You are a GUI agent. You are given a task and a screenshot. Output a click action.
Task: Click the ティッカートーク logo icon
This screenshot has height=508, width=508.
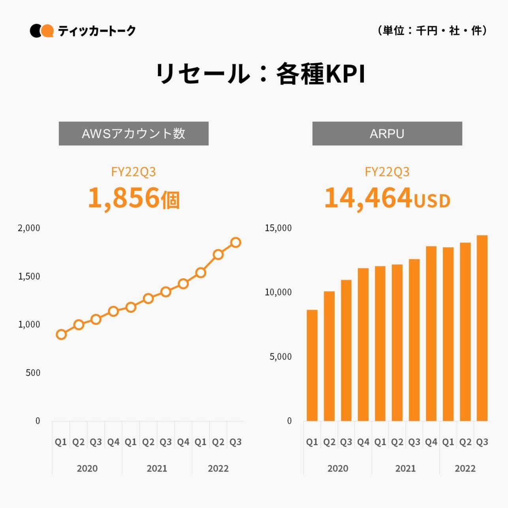41,31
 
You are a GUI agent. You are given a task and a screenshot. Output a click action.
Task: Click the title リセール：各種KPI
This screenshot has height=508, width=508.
260,74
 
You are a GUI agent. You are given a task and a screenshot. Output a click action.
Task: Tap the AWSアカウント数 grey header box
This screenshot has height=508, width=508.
134,134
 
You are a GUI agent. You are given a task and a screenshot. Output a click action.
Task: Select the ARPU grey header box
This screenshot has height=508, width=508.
387,134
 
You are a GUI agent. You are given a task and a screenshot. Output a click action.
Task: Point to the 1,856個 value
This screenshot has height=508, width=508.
134,198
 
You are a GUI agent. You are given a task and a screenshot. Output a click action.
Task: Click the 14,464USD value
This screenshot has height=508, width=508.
387,198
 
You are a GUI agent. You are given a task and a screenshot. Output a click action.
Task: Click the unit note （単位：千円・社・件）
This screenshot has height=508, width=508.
433,30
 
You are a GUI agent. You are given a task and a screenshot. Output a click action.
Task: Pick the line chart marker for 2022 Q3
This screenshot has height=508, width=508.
236,243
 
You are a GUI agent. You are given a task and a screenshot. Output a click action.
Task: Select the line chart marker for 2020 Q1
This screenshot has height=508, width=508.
61,335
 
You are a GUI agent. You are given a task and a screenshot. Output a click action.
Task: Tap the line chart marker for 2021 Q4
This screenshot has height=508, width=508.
183,284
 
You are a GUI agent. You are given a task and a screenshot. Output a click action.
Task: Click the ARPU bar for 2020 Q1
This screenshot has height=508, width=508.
312,365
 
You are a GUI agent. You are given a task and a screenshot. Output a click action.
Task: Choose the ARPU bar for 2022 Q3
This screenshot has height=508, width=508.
482,328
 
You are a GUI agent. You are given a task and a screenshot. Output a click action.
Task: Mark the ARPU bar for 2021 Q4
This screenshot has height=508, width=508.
431,334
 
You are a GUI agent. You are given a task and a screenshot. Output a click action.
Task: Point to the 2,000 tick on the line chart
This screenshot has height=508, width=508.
29,228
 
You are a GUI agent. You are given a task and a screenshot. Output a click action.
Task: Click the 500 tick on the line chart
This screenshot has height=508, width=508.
33,373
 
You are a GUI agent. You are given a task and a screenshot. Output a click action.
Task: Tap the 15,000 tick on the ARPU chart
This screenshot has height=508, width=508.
278,228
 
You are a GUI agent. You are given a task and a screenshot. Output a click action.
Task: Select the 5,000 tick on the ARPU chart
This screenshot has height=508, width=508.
280,357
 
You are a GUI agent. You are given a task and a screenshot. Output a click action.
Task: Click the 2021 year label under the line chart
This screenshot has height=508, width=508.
157,468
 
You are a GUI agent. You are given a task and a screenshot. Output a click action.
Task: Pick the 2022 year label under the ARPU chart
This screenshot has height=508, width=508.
465,468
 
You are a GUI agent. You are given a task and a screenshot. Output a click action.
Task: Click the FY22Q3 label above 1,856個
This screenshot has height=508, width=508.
134,172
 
